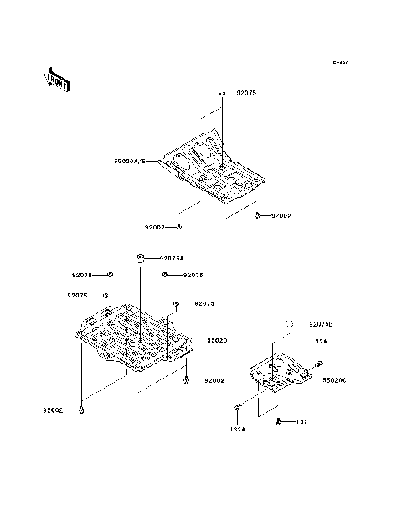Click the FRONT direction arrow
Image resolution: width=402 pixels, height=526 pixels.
pos(57,80)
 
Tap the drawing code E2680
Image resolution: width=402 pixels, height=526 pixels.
pos(340,63)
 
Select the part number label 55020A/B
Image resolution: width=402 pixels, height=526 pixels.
pos(130,161)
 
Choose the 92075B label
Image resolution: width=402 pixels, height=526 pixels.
pos(321,323)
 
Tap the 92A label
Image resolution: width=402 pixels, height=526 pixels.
pos(321,341)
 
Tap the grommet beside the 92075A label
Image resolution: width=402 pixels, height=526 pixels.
pos(141,256)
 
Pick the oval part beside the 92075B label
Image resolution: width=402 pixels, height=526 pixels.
pos(289,323)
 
